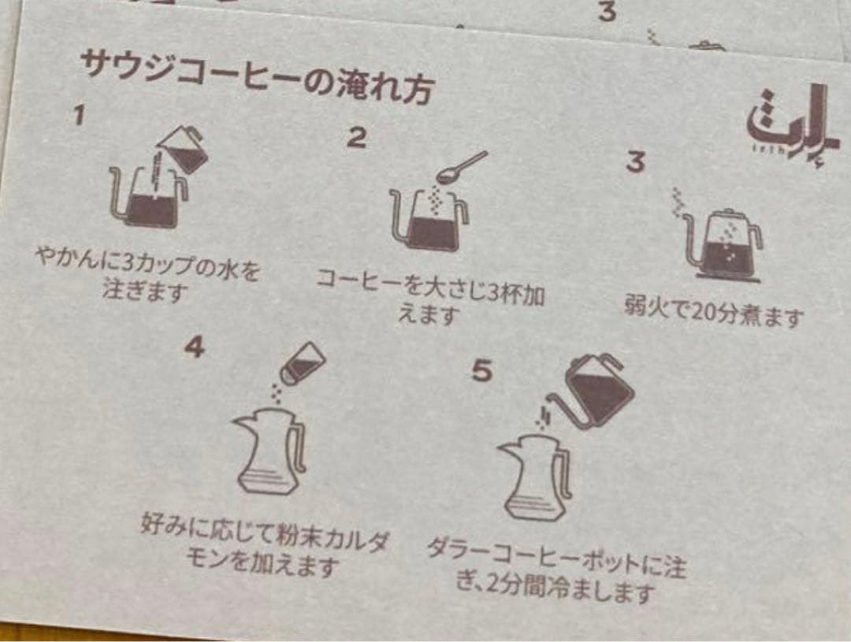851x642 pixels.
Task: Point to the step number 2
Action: pos(356,138)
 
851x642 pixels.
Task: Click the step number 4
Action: pos(194,346)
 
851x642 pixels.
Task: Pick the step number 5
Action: pos(481,370)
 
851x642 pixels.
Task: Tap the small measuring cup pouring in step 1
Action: pos(183,149)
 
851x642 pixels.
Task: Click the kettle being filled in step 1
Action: pos(150,198)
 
